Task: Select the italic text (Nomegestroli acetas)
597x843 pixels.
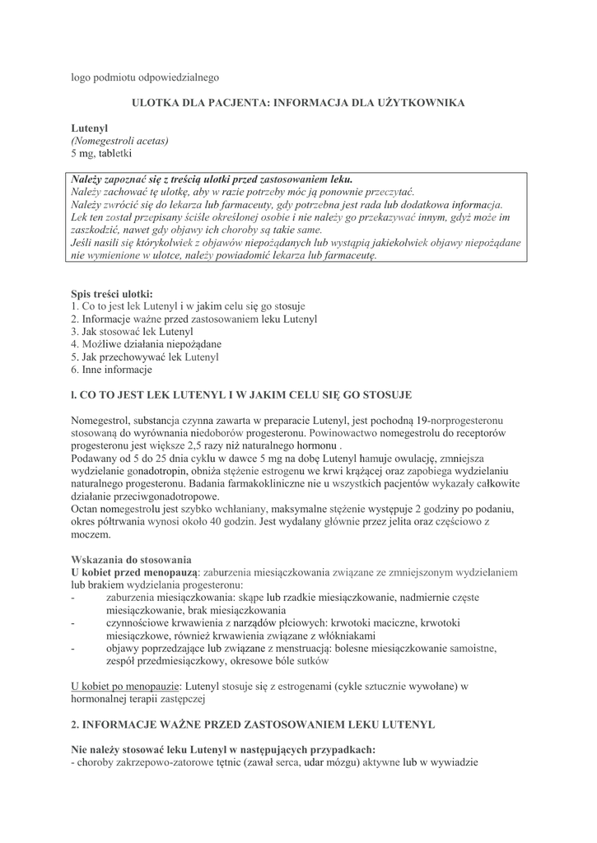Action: pos(119,141)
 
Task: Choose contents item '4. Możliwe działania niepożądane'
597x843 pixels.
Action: pos(146,343)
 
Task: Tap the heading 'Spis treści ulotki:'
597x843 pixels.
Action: pos(112,292)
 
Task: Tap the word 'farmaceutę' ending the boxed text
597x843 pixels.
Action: pos(349,256)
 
